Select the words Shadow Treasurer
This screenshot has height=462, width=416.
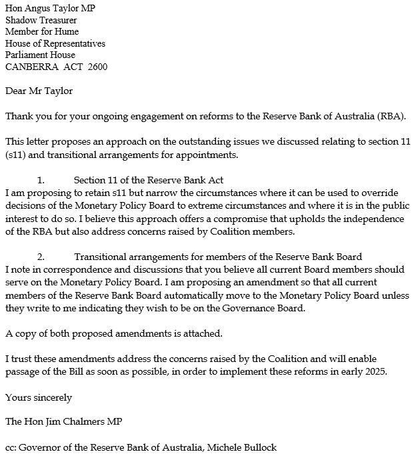pyautogui.click(x=41, y=20)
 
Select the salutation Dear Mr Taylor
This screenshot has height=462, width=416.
pyautogui.click(x=39, y=91)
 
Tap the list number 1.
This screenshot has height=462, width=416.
pyautogui.click(x=40, y=180)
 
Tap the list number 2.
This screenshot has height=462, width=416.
pyautogui.click(x=40, y=257)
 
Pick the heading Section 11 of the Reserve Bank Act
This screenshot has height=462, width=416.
pyautogui.click(x=148, y=180)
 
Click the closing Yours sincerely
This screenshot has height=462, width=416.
pyautogui.click(x=39, y=397)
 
